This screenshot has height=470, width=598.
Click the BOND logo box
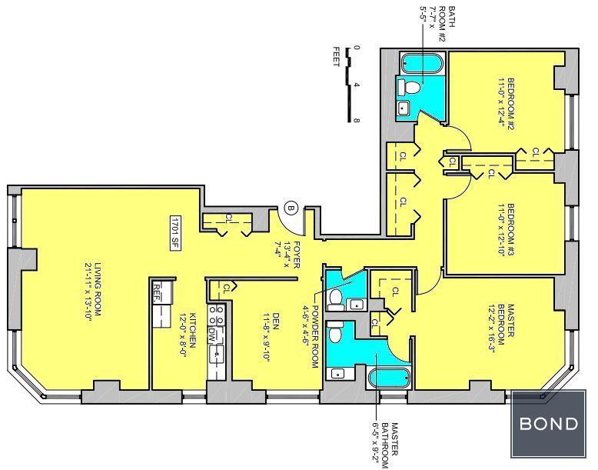548,423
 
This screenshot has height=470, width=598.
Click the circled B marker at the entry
291,208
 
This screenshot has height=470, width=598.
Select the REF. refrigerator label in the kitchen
156,293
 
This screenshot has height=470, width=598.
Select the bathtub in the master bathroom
390,378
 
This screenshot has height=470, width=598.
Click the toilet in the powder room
336,299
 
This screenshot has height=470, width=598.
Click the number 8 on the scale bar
357,121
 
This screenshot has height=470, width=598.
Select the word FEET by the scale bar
336,57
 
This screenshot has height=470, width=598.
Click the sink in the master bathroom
337,373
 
